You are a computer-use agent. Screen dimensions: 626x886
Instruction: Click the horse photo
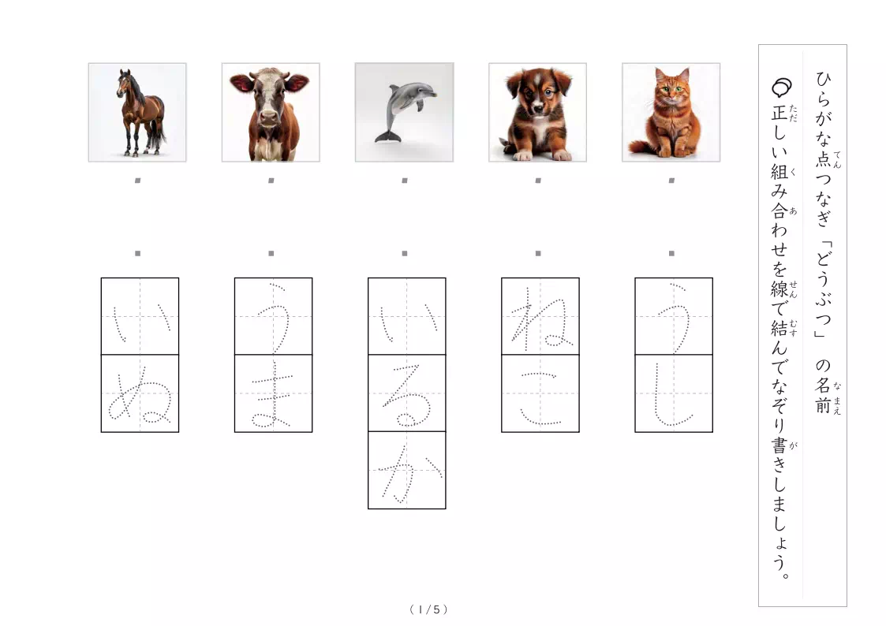(x=137, y=112)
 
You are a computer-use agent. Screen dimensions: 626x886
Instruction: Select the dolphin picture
(x=404, y=112)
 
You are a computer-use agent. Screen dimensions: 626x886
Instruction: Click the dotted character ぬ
(x=140, y=393)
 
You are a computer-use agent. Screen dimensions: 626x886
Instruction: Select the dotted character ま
(x=273, y=393)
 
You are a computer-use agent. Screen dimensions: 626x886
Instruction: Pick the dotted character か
(x=406, y=471)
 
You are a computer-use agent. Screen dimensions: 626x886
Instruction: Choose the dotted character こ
(x=540, y=393)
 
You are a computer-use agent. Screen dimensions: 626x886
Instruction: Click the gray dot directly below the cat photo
(x=671, y=181)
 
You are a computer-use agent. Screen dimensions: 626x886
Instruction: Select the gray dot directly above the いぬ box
(x=137, y=253)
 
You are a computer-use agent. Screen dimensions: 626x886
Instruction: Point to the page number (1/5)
(x=428, y=609)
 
